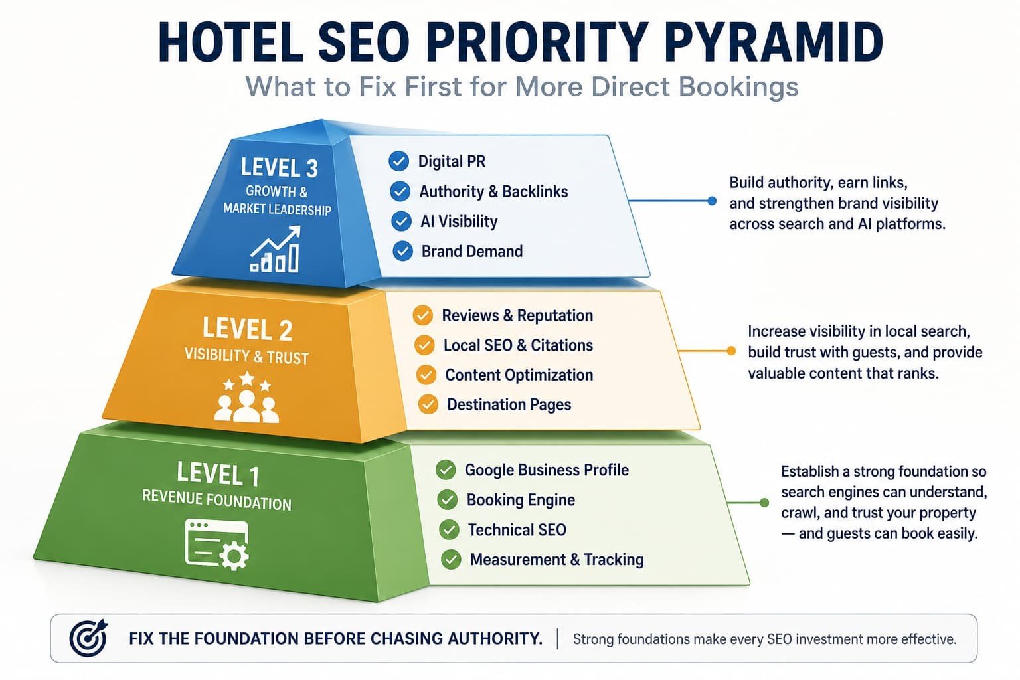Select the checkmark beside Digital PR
coord(398,161)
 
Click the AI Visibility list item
coord(459,221)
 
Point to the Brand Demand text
coord(472,252)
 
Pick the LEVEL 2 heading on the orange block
coord(247,329)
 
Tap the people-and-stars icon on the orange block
coord(246,396)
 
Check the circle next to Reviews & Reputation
coord(422,315)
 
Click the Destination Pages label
coord(509,404)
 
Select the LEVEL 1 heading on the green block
coord(218,473)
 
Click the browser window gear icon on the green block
coord(217,545)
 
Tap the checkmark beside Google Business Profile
coord(446,469)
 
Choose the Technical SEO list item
coord(517,530)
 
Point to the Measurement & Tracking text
coord(557,559)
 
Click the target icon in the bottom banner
coord(88,637)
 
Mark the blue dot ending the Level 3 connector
coord(712,201)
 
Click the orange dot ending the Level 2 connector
coord(731,351)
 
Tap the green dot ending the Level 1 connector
coord(764,503)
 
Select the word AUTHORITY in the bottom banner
coord(495,639)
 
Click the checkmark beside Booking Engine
coord(448,499)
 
